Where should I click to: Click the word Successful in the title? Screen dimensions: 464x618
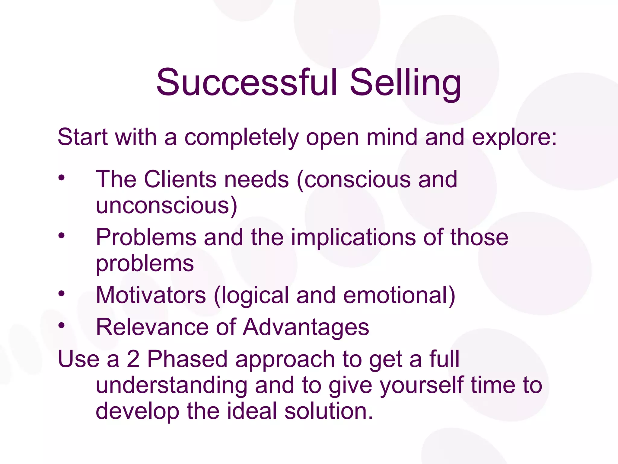point(246,82)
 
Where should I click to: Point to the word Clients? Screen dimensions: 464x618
point(180,179)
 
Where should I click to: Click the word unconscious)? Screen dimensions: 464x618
point(167,205)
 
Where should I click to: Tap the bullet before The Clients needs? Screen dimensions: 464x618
point(62,178)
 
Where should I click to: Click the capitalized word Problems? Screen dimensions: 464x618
point(146,237)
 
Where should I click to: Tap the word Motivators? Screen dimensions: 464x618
point(151,295)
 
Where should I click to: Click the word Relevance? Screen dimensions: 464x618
point(152,327)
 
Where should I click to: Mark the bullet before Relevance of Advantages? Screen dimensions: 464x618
point(62,325)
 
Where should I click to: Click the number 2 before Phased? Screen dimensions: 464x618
point(133,359)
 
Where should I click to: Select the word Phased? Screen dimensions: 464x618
point(187,359)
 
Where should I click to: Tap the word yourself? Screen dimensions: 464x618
point(422,386)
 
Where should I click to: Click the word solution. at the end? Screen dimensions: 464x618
point(329,411)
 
